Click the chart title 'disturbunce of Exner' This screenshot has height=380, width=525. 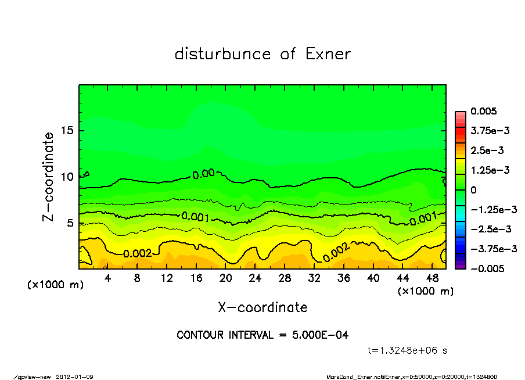pyautogui.click(x=262, y=55)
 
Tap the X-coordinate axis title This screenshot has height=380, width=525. pyautogui.click(x=262, y=307)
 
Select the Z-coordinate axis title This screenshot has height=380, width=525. pyautogui.click(x=49, y=176)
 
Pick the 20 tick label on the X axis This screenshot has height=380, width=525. pyautogui.click(x=226, y=278)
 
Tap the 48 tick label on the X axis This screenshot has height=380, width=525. pyautogui.click(x=432, y=278)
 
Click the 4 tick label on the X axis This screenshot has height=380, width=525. pyautogui.click(x=107, y=278)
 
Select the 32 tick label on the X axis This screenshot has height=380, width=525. pyautogui.click(x=314, y=278)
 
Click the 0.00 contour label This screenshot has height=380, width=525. pyautogui.click(x=204, y=173)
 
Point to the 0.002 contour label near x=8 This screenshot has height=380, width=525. pyautogui.click(x=138, y=253)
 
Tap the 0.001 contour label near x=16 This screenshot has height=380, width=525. pyautogui.click(x=195, y=217)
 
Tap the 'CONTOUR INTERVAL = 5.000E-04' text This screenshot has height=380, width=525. pyautogui.click(x=262, y=335)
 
